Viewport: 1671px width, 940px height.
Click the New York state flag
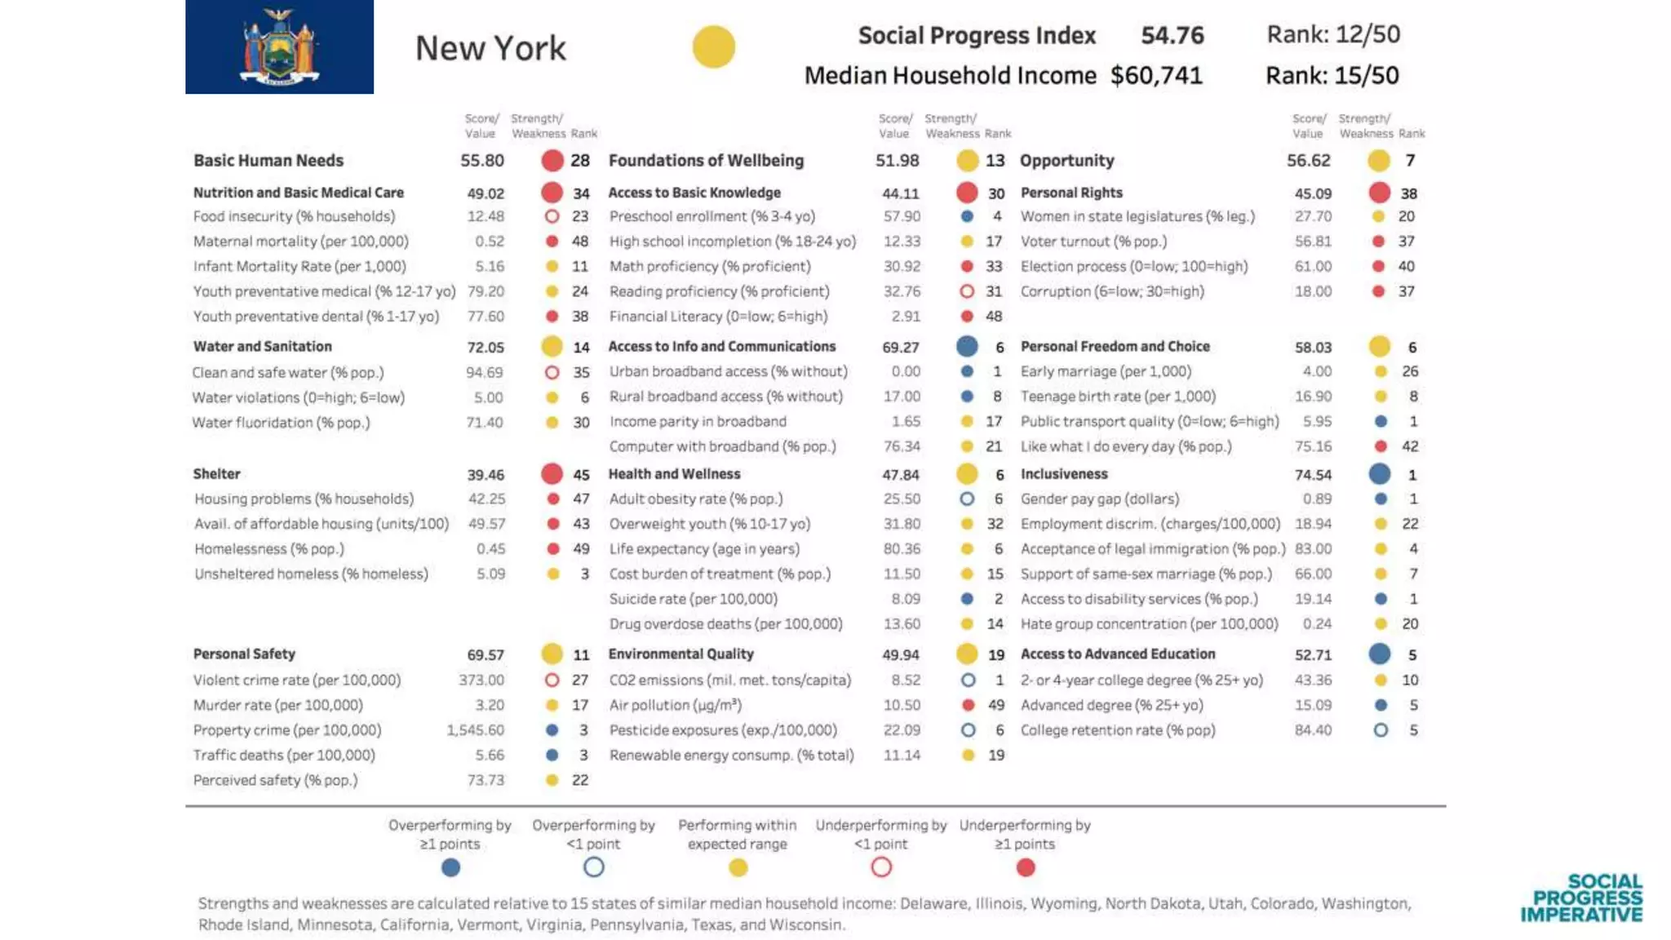[279, 47]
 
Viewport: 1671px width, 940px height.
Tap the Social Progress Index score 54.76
[1172, 35]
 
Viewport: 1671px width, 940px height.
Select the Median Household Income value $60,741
[1156, 76]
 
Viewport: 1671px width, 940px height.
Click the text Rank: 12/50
[1332, 34]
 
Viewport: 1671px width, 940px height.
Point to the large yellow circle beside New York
[713, 47]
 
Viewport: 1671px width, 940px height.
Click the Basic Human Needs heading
[268, 161]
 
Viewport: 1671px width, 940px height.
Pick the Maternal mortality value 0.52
[490, 242]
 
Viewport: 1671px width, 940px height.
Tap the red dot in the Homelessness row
[553, 549]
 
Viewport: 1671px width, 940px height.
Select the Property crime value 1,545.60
[475, 730]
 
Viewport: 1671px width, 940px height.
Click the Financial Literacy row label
[718, 317]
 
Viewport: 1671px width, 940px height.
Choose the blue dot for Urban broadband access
[967, 371]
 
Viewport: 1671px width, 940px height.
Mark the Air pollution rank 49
[995, 705]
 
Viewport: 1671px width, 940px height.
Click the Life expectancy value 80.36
[902, 549]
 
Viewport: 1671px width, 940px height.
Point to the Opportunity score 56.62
[1308, 161]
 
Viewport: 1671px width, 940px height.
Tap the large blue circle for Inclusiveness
[1380, 473]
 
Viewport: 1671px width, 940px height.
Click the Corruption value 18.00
[1313, 291]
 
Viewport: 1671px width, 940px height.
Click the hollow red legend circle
[881, 867]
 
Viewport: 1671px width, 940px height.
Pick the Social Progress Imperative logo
[1581, 898]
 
